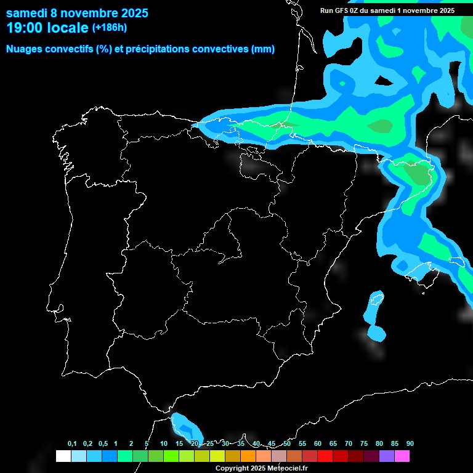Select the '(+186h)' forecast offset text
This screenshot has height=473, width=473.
(x=110, y=28)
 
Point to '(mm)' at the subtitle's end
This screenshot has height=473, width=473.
(x=263, y=49)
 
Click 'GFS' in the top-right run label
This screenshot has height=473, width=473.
(x=341, y=10)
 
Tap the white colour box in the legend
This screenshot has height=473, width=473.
(x=63, y=456)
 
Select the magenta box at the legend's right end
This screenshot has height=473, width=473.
(x=402, y=456)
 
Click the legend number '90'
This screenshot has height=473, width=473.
(x=410, y=443)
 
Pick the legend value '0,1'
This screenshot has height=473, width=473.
(x=72, y=443)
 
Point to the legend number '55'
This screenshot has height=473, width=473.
(x=302, y=443)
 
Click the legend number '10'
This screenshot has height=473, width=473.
(x=163, y=443)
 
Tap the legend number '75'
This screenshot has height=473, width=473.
(x=363, y=443)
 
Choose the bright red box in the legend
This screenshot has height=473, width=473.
(x=325, y=456)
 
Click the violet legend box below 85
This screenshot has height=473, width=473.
(x=386, y=456)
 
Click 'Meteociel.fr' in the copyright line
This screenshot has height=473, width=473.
(x=287, y=469)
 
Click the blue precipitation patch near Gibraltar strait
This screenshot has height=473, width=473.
(x=185, y=425)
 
